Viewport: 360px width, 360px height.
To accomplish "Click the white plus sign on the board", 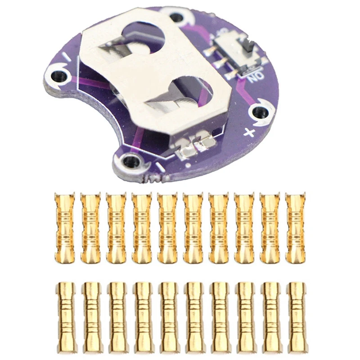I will [x=248, y=132].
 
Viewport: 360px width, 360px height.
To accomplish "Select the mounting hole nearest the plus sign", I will [x=259, y=112].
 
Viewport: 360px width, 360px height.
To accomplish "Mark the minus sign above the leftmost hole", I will [x=66, y=58].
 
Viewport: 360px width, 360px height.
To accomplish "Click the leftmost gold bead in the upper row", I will [x=64, y=228].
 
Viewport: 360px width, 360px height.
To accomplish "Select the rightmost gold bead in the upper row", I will [x=295, y=228].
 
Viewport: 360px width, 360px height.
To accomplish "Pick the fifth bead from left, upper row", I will [x=167, y=228].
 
